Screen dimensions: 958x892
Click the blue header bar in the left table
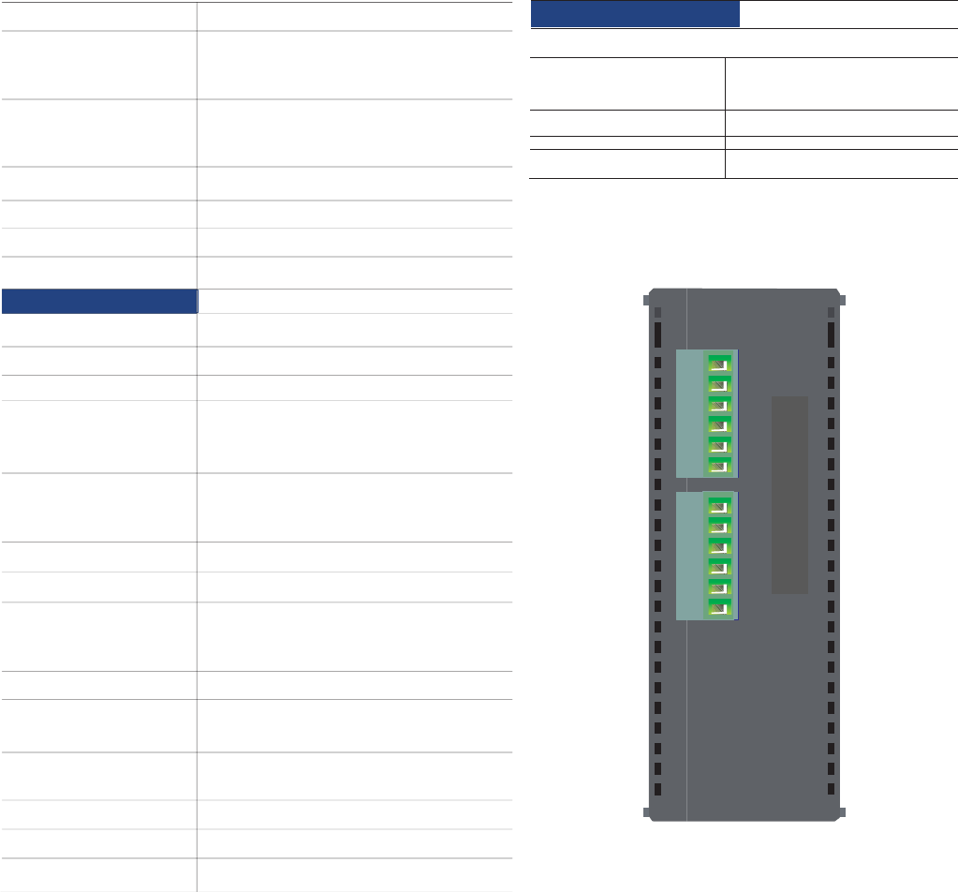click(x=99, y=301)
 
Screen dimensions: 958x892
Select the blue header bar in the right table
click(x=635, y=14)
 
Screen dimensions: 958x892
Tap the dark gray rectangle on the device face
click(x=789, y=494)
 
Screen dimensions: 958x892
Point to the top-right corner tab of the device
click(x=842, y=300)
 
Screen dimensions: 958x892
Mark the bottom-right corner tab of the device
click(x=842, y=812)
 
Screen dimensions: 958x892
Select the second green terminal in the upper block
click(x=720, y=383)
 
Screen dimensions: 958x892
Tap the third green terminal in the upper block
click(x=720, y=404)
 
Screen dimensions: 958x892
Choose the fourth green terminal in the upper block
click(x=720, y=424)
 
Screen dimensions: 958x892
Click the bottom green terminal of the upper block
click(x=720, y=466)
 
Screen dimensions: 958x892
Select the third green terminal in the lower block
click(x=720, y=546)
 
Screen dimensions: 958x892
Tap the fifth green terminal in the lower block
click(x=720, y=587)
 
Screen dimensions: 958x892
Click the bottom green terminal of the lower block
click(x=720, y=608)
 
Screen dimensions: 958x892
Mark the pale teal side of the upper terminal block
click(x=690, y=413)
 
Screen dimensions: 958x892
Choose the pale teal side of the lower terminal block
click(x=690, y=556)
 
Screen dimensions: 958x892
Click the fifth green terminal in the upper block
click(x=720, y=445)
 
